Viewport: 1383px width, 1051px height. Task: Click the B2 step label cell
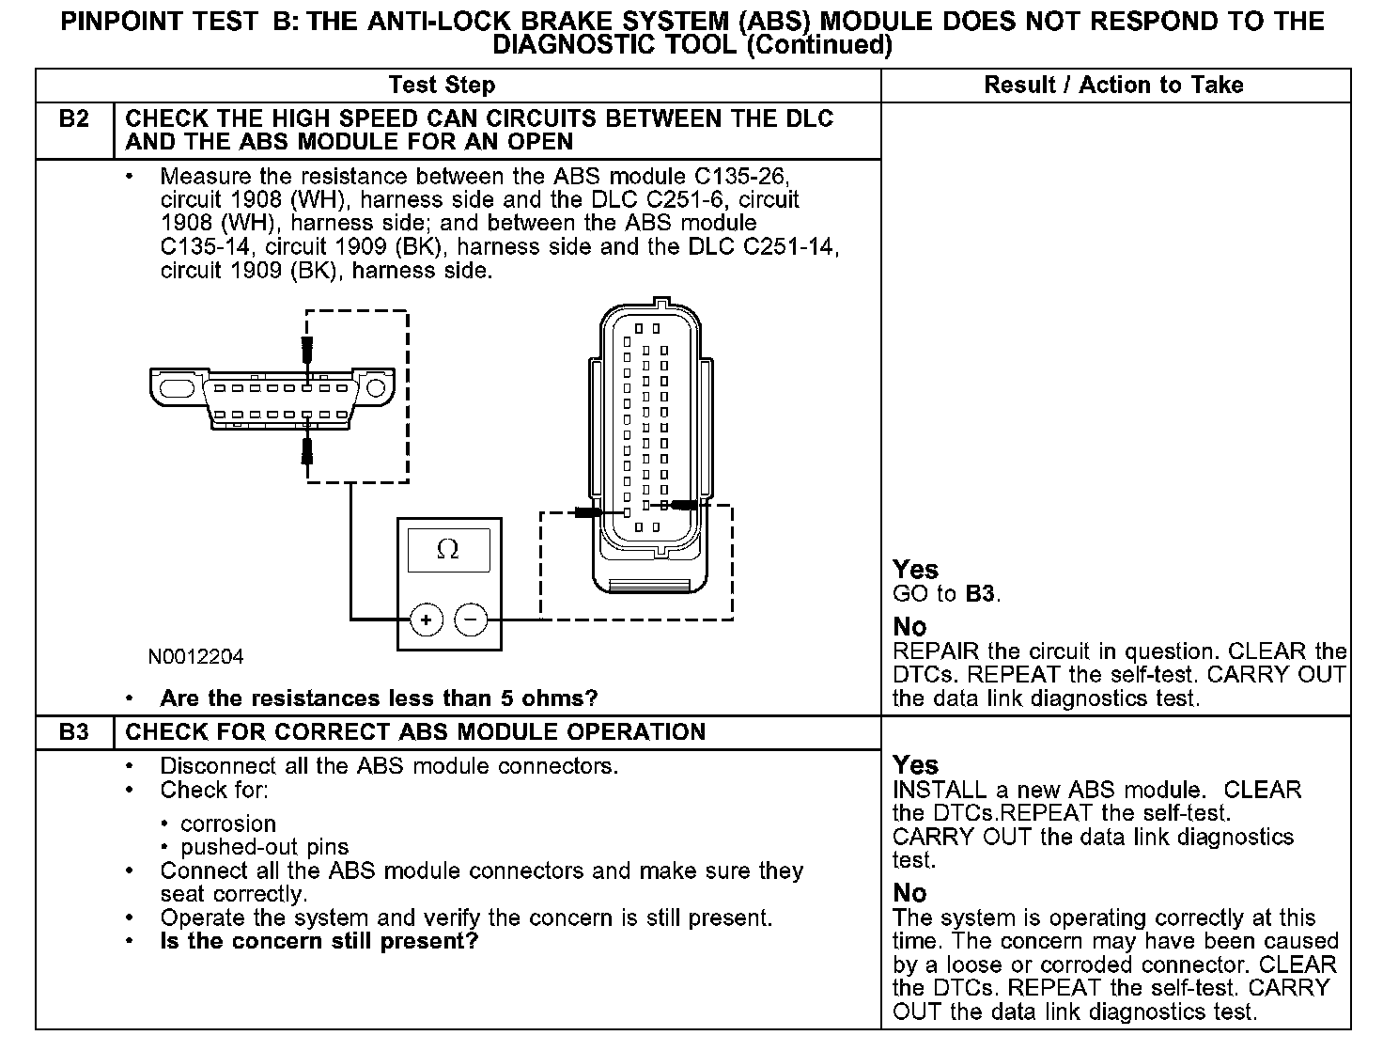(74, 119)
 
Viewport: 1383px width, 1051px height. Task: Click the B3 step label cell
(74, 732)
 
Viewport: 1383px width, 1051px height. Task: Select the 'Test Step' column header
(442, 86)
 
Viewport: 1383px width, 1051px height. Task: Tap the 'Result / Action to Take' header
(1113, 86)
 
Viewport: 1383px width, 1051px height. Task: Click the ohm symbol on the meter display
(448, 550)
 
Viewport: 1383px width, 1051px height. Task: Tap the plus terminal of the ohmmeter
(426, 620)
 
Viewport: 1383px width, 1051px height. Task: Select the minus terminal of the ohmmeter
(471, 620)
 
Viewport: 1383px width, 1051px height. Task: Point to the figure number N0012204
(195, 657)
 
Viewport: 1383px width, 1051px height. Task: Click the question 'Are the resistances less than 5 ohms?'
(379, 698)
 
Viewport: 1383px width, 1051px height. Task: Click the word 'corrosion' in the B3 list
(228, 824)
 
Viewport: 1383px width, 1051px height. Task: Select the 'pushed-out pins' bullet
(264, 847)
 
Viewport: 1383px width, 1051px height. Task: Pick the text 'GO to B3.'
(946, 594)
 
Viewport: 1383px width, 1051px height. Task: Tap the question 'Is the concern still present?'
(319, 941)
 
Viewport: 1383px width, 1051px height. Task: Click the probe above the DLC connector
(306, 351)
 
